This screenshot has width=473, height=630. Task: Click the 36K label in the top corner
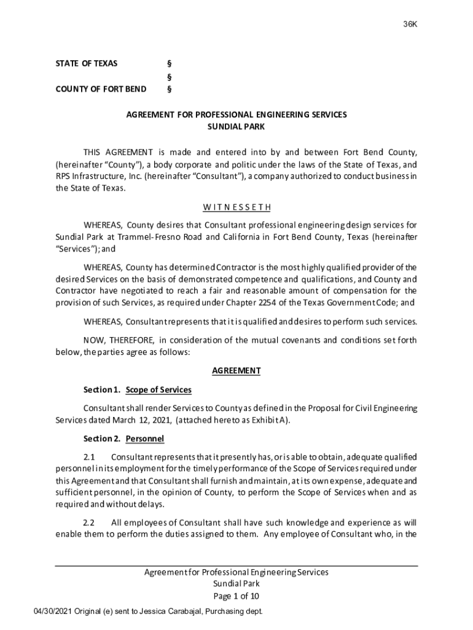coord(410,24)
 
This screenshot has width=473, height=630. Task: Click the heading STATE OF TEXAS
coord(87,63)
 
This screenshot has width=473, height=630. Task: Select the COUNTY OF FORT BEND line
coord(101,89)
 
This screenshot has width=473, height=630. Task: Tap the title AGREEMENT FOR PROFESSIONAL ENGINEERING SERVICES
coord(237,114)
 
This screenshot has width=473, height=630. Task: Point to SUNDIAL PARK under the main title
coord(237,127)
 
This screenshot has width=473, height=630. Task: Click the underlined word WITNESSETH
coord(237,207)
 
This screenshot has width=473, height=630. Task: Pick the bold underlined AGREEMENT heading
coord(237,370)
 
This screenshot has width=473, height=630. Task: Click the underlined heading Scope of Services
coord(158,390)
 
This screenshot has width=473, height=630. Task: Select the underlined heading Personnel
coord(145,439)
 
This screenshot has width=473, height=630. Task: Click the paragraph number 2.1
coord(90,457)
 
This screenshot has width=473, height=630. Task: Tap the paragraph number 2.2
coord(90,522)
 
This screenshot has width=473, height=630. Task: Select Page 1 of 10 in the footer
coord(237,596)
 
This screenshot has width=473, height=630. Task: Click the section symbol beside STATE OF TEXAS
coord(170,63)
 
